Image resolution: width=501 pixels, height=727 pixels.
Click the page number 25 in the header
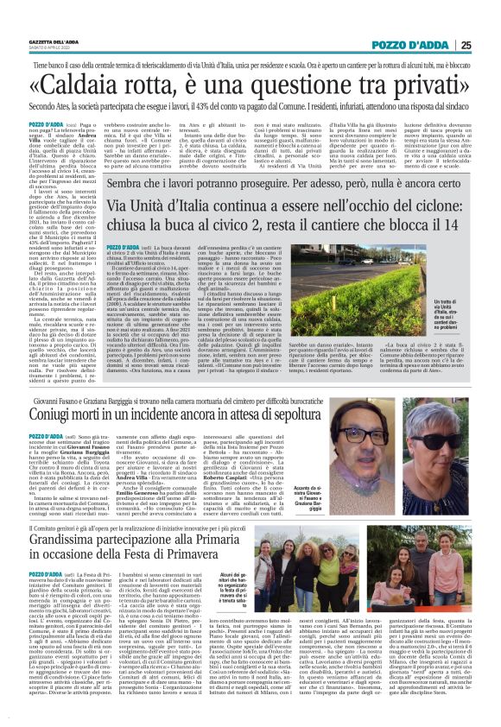[x=488, y=45]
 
